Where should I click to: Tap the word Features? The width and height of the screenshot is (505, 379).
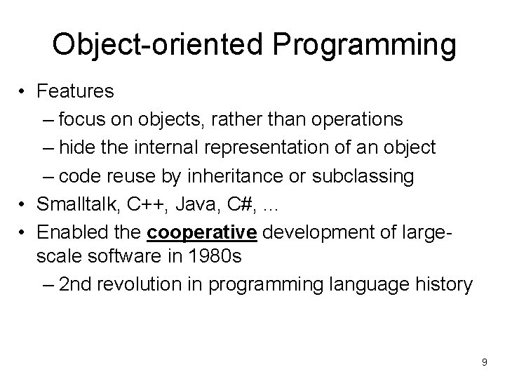pyautogui.click(x=76, y=91)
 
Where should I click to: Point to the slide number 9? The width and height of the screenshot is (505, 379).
pyautogui.click(x=484, y=361)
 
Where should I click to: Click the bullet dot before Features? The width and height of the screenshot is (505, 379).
pyautogui.click(x=22, y=91)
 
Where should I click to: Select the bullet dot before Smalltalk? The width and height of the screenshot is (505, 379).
pyautogui.click(x=22, y=204)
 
